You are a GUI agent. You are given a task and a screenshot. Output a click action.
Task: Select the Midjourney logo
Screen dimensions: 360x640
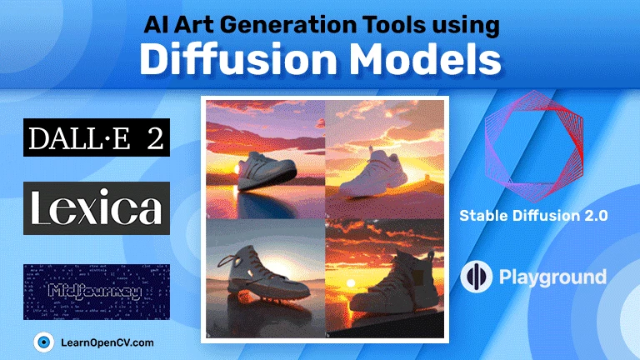(x=97, y=291)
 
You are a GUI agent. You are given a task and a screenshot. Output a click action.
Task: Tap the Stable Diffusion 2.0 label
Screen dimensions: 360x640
(x=533, y=216)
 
